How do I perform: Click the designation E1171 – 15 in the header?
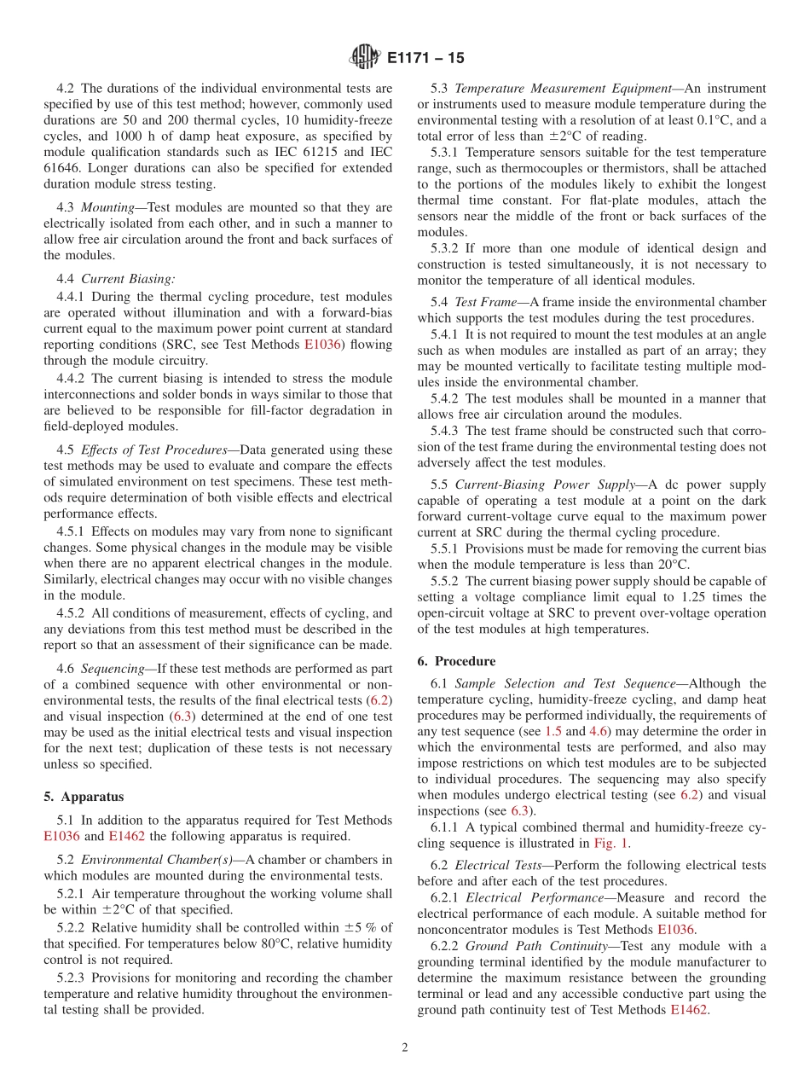425,59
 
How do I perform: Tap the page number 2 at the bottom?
405,1047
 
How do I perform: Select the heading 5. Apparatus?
84,797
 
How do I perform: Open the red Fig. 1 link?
611,843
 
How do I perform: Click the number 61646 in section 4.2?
61,167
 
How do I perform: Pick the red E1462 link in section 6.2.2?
689,1010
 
